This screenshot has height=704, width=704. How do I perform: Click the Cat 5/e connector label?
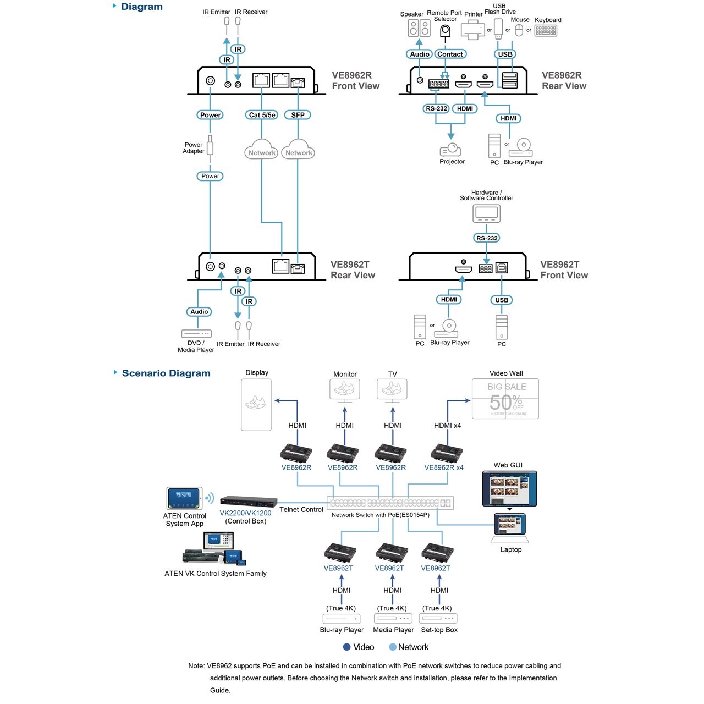pos(262,115)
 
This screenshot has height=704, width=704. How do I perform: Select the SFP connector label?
pos(298,115)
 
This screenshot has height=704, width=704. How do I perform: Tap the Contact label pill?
pos(450,54)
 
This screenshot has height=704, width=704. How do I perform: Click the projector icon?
pos(450,150)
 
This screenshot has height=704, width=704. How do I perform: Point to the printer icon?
pos(472,30)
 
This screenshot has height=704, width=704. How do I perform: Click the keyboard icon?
pos(546,31)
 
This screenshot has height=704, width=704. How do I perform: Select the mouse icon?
pos(519,30)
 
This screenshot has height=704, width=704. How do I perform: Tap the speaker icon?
pos(419,28)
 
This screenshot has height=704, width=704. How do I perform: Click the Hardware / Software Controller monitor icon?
pos(486,213)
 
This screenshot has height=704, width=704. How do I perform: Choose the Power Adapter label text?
pos(194,148)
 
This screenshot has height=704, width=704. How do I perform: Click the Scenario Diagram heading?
pos(166,373)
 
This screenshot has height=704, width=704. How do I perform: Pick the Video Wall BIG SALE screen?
pos(505,399)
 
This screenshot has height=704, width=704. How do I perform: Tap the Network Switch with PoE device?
pos(390,503)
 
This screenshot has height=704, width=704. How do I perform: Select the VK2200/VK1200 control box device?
pos(248,501)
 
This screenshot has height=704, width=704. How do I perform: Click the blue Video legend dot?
pos(347,647)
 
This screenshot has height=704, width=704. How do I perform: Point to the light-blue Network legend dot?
pos(393,647)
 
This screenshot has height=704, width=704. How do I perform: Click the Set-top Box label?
pos(439,630)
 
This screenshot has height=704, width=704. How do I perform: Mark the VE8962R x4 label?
pos(444,468)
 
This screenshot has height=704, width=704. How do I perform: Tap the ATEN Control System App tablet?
pos(184,498)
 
